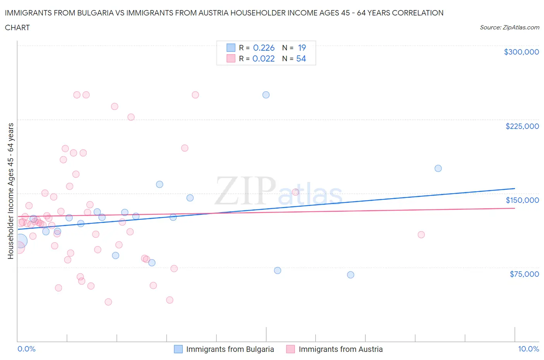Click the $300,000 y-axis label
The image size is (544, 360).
point(521,52)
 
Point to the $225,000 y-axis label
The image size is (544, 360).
point(522,126)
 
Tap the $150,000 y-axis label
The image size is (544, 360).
point(522,200)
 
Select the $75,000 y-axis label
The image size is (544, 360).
point(524,274)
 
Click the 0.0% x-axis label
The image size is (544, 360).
point(26,349)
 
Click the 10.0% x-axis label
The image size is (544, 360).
point(528,349)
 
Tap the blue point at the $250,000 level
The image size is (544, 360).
point(266,95)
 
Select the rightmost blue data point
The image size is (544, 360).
point(438,168)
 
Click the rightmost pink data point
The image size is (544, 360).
point(421,235)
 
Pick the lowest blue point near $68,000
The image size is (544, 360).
point(351,275)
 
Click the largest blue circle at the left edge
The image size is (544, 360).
point(20,241)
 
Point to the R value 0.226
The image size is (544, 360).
point(263,48)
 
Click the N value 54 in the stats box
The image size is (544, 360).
point(301,58)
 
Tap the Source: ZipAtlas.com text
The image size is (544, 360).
point(509,27)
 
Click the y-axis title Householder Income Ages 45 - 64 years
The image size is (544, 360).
point(11,191)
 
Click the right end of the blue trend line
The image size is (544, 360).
point(515,189)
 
